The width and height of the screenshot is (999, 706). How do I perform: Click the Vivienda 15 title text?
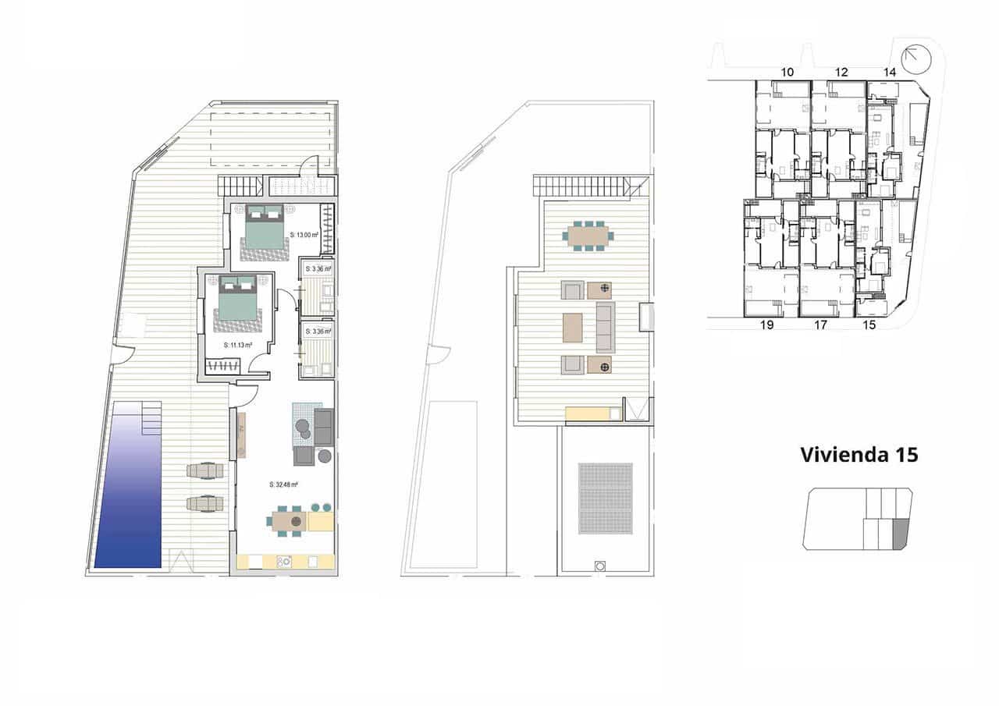859,455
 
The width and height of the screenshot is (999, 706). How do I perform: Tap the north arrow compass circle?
916,59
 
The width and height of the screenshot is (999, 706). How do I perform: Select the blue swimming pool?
128,491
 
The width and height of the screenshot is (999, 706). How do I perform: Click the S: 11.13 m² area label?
237,344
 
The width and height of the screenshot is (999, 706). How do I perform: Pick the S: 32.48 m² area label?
284,484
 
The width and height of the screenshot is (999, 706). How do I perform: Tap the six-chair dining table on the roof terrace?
590,236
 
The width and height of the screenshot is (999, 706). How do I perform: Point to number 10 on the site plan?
787,72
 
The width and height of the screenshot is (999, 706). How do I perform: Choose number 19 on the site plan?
766,325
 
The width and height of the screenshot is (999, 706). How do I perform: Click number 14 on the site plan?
890,72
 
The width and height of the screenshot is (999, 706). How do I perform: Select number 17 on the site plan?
820,325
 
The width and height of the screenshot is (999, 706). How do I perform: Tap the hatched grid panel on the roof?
605,498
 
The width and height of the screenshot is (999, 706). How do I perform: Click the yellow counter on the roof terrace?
593,414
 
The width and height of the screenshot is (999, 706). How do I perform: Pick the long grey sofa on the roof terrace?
606,328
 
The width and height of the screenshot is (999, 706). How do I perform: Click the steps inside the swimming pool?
151,418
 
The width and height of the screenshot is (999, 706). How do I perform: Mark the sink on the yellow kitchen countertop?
284,561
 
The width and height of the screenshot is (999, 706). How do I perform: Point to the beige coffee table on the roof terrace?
572,328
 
